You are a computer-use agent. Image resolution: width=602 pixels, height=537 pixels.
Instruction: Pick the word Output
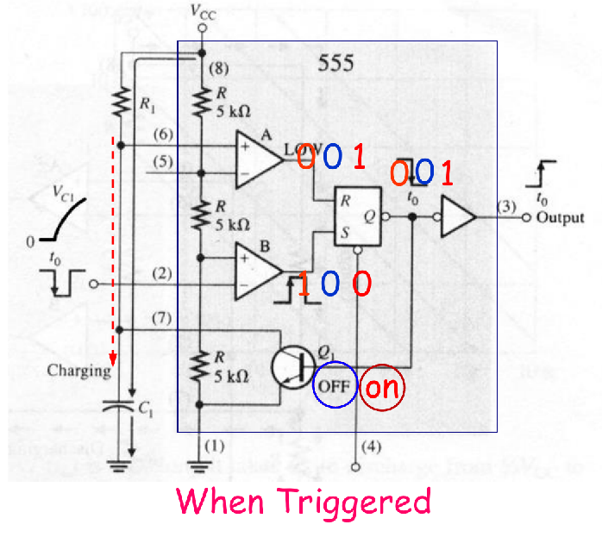560,218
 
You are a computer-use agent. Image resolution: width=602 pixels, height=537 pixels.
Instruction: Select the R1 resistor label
148,103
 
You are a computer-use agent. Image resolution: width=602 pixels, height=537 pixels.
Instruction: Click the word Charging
80,372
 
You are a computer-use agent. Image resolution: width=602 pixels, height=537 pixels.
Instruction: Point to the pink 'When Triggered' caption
304,501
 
